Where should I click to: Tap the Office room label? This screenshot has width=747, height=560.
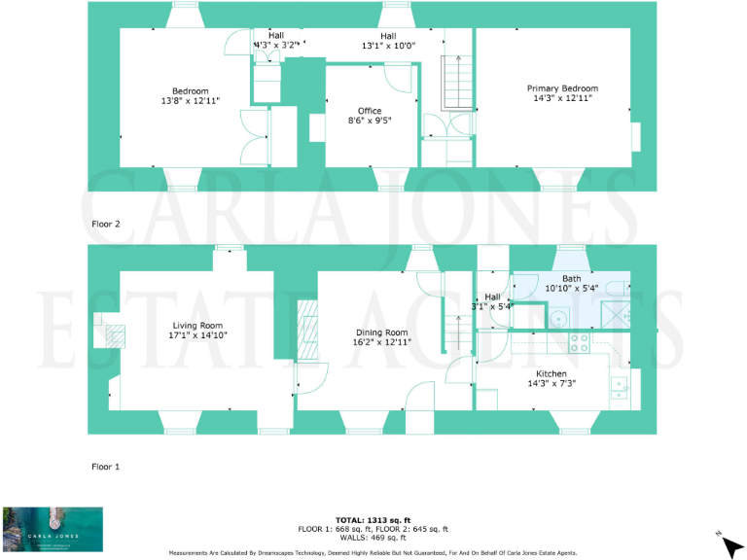(370, 111)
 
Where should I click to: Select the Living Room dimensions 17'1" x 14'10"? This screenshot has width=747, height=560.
(197, 336)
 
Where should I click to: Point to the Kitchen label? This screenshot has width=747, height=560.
(551, 372)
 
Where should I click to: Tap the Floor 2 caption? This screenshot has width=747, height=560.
(105, 224)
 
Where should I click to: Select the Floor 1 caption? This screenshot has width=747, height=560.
(105, 467)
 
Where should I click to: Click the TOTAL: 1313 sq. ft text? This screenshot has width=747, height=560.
(373, 520)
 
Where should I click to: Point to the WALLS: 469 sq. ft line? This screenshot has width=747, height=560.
(373, 538)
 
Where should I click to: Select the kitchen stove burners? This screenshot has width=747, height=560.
(578, 342)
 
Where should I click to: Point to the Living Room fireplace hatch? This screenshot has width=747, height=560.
(115, 335)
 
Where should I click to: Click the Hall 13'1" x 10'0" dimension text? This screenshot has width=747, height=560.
(388, 45)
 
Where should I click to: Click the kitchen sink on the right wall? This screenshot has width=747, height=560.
(619, 388)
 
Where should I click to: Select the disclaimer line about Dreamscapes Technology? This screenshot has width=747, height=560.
(373, 552)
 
